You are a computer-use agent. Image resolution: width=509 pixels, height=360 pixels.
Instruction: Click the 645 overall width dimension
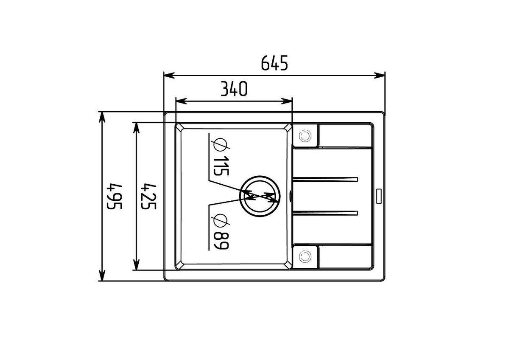(x=274, y=63)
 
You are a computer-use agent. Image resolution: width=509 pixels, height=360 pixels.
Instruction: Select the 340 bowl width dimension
(x=234, y=89)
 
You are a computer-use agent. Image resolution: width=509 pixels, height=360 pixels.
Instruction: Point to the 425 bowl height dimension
(x=148, y=197)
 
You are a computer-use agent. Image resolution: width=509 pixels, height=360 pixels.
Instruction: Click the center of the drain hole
(x=260, y=196)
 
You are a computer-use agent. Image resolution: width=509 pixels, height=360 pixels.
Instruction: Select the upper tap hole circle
(x=305, y=136)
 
